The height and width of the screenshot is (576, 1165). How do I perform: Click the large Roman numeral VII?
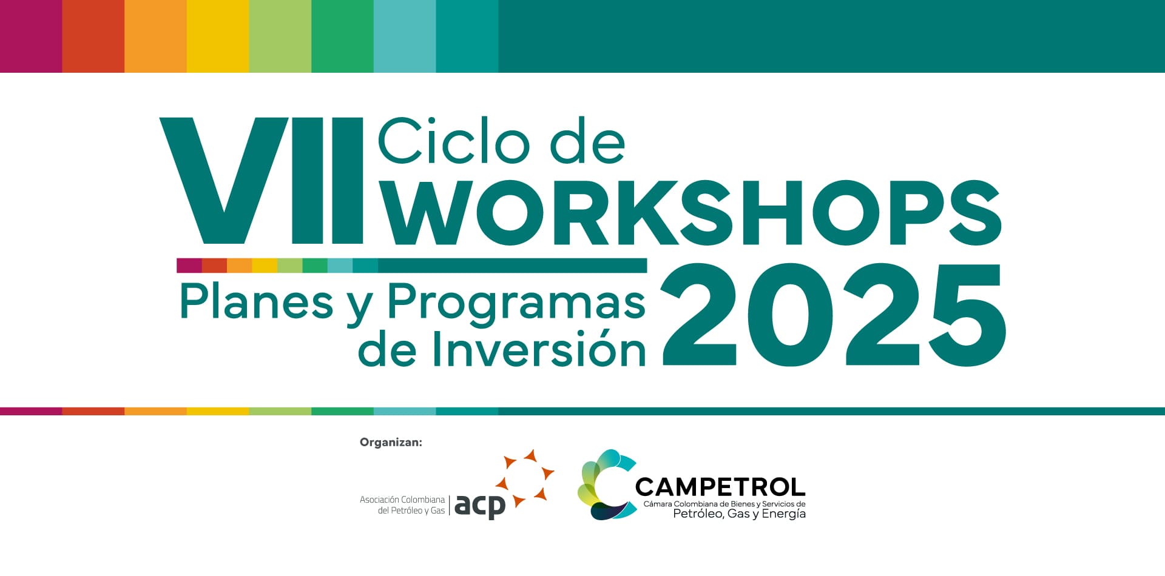(x=262, y=181)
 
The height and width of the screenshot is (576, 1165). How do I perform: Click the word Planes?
(x=257, y=301)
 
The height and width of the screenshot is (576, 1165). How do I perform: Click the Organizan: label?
(x=391, y=442)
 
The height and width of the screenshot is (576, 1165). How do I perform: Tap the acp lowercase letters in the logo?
(x=480, y=506)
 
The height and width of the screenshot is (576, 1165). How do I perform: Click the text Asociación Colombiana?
(x=402, y=500)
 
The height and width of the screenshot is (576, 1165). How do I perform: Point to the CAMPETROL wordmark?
(x=720, y=487)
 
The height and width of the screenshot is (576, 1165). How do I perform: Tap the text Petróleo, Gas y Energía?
(x=740, y=514)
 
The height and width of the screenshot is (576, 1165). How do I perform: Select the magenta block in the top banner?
(x=31, y=36)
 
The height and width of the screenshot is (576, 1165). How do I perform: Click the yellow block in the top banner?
(x=218, y=36)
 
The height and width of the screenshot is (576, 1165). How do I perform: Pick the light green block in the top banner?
(x=280, y=36)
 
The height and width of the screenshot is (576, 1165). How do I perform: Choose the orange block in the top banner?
(x=155, y=36)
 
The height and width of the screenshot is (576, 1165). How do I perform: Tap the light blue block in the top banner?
(x=405, y=36)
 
